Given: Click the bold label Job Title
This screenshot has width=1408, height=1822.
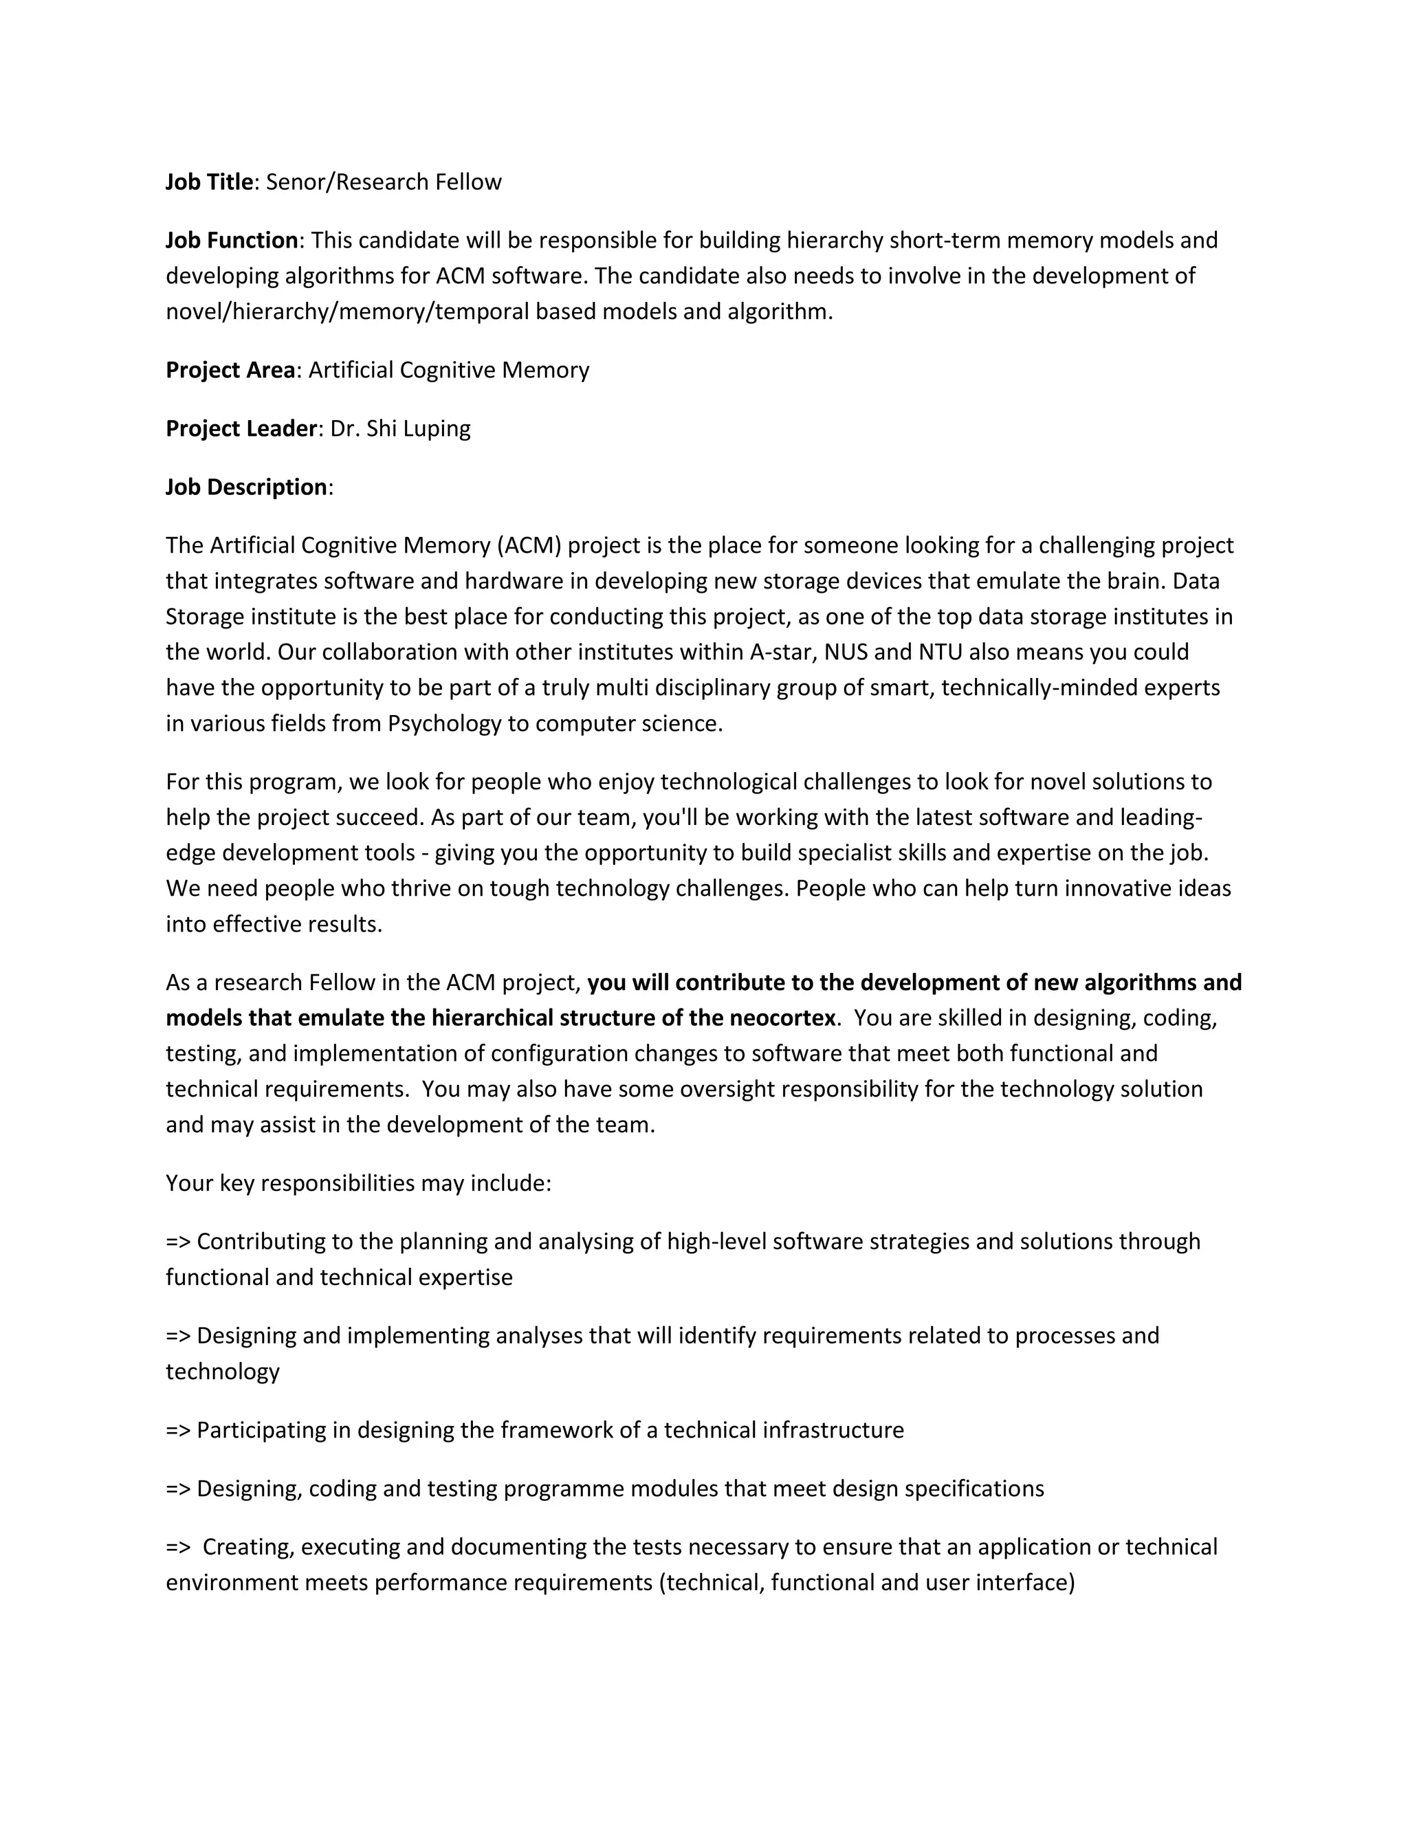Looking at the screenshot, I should pyautogui.click(x=208, y=182).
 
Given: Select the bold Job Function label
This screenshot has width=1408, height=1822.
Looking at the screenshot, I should pyautogui.click(x=232, y=240).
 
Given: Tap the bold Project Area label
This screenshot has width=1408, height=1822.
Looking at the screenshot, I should pyautogui.click(x=230, y=370).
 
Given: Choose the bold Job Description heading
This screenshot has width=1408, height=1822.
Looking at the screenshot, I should pyautogui.click(x=246, y=486).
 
